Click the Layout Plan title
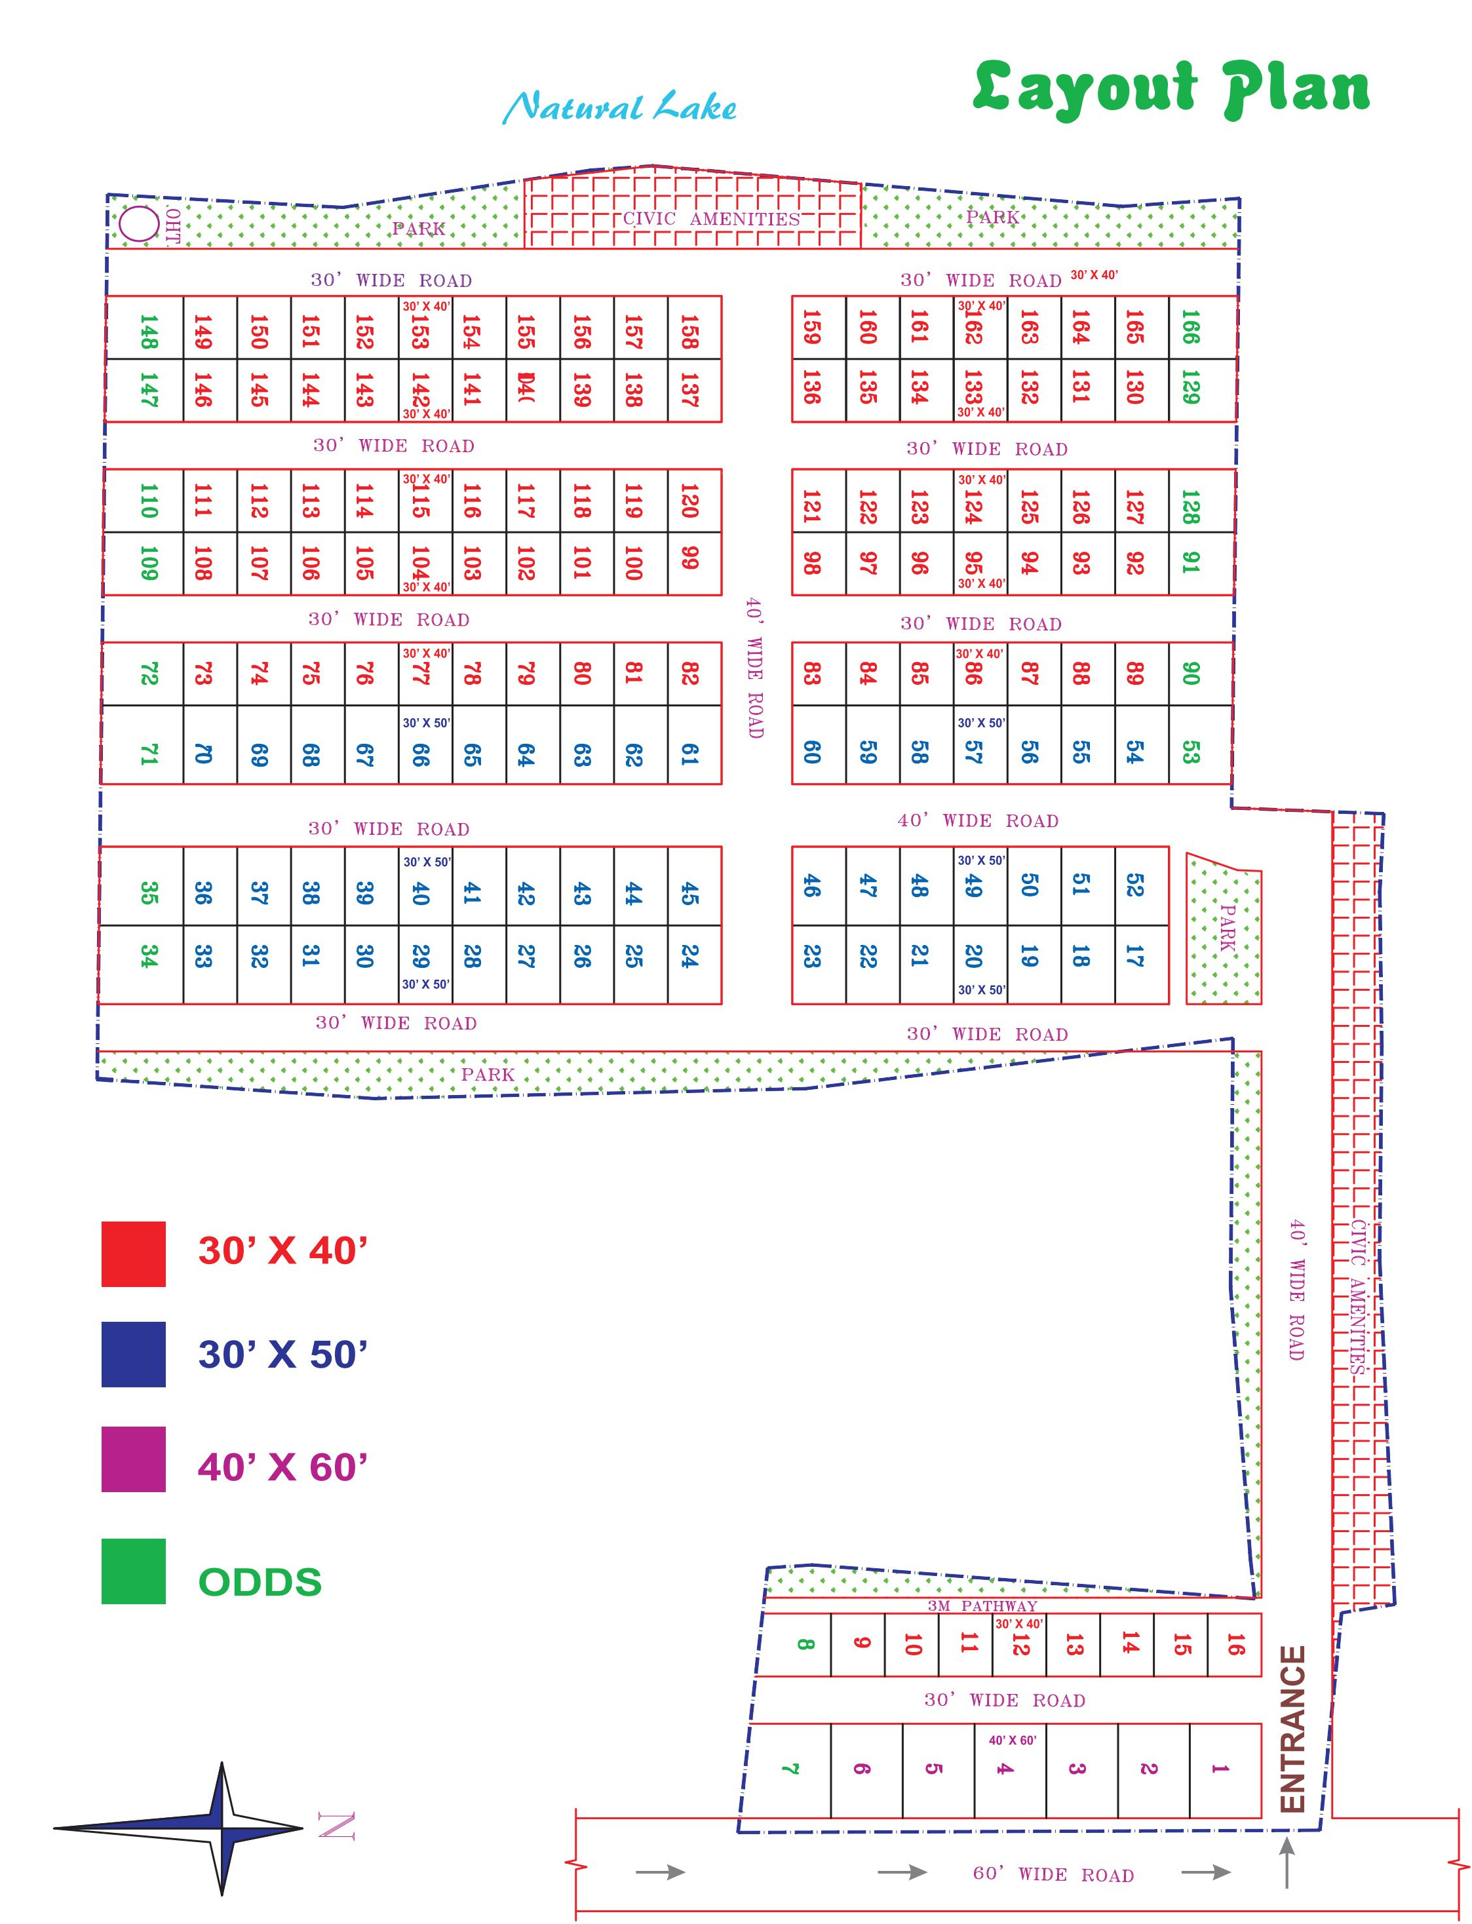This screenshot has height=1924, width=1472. pyautogui.click(x=1171, y=88)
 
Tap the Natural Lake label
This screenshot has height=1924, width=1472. pyautogui.click(x=619, y=107)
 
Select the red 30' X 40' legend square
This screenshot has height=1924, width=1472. pyautogui.click(x=133, y=1254)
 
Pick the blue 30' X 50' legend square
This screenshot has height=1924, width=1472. pyautogui.click(x=133, y=1354)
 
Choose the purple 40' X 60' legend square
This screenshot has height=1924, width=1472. pyautogui.click(x=133, y=1459)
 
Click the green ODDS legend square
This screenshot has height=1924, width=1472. pyautogui.click(x=133, y=1571)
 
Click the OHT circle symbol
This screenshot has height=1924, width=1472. pyautogui.click(x=138, y=223)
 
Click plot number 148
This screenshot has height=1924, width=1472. pyautogui.click(x=148, y=331)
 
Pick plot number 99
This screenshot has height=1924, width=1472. pyautogui.click(x=689, y=558)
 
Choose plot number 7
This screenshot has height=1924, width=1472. pyautogui.click(x=790, y=1769)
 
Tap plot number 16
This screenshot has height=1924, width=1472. pyautogui.click(x=1235, y=1645)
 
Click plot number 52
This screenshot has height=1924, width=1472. pyautogui.click(x=1134, y=885)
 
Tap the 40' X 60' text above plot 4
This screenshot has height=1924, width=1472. pyautogui.click(x=1012, y=1740)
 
